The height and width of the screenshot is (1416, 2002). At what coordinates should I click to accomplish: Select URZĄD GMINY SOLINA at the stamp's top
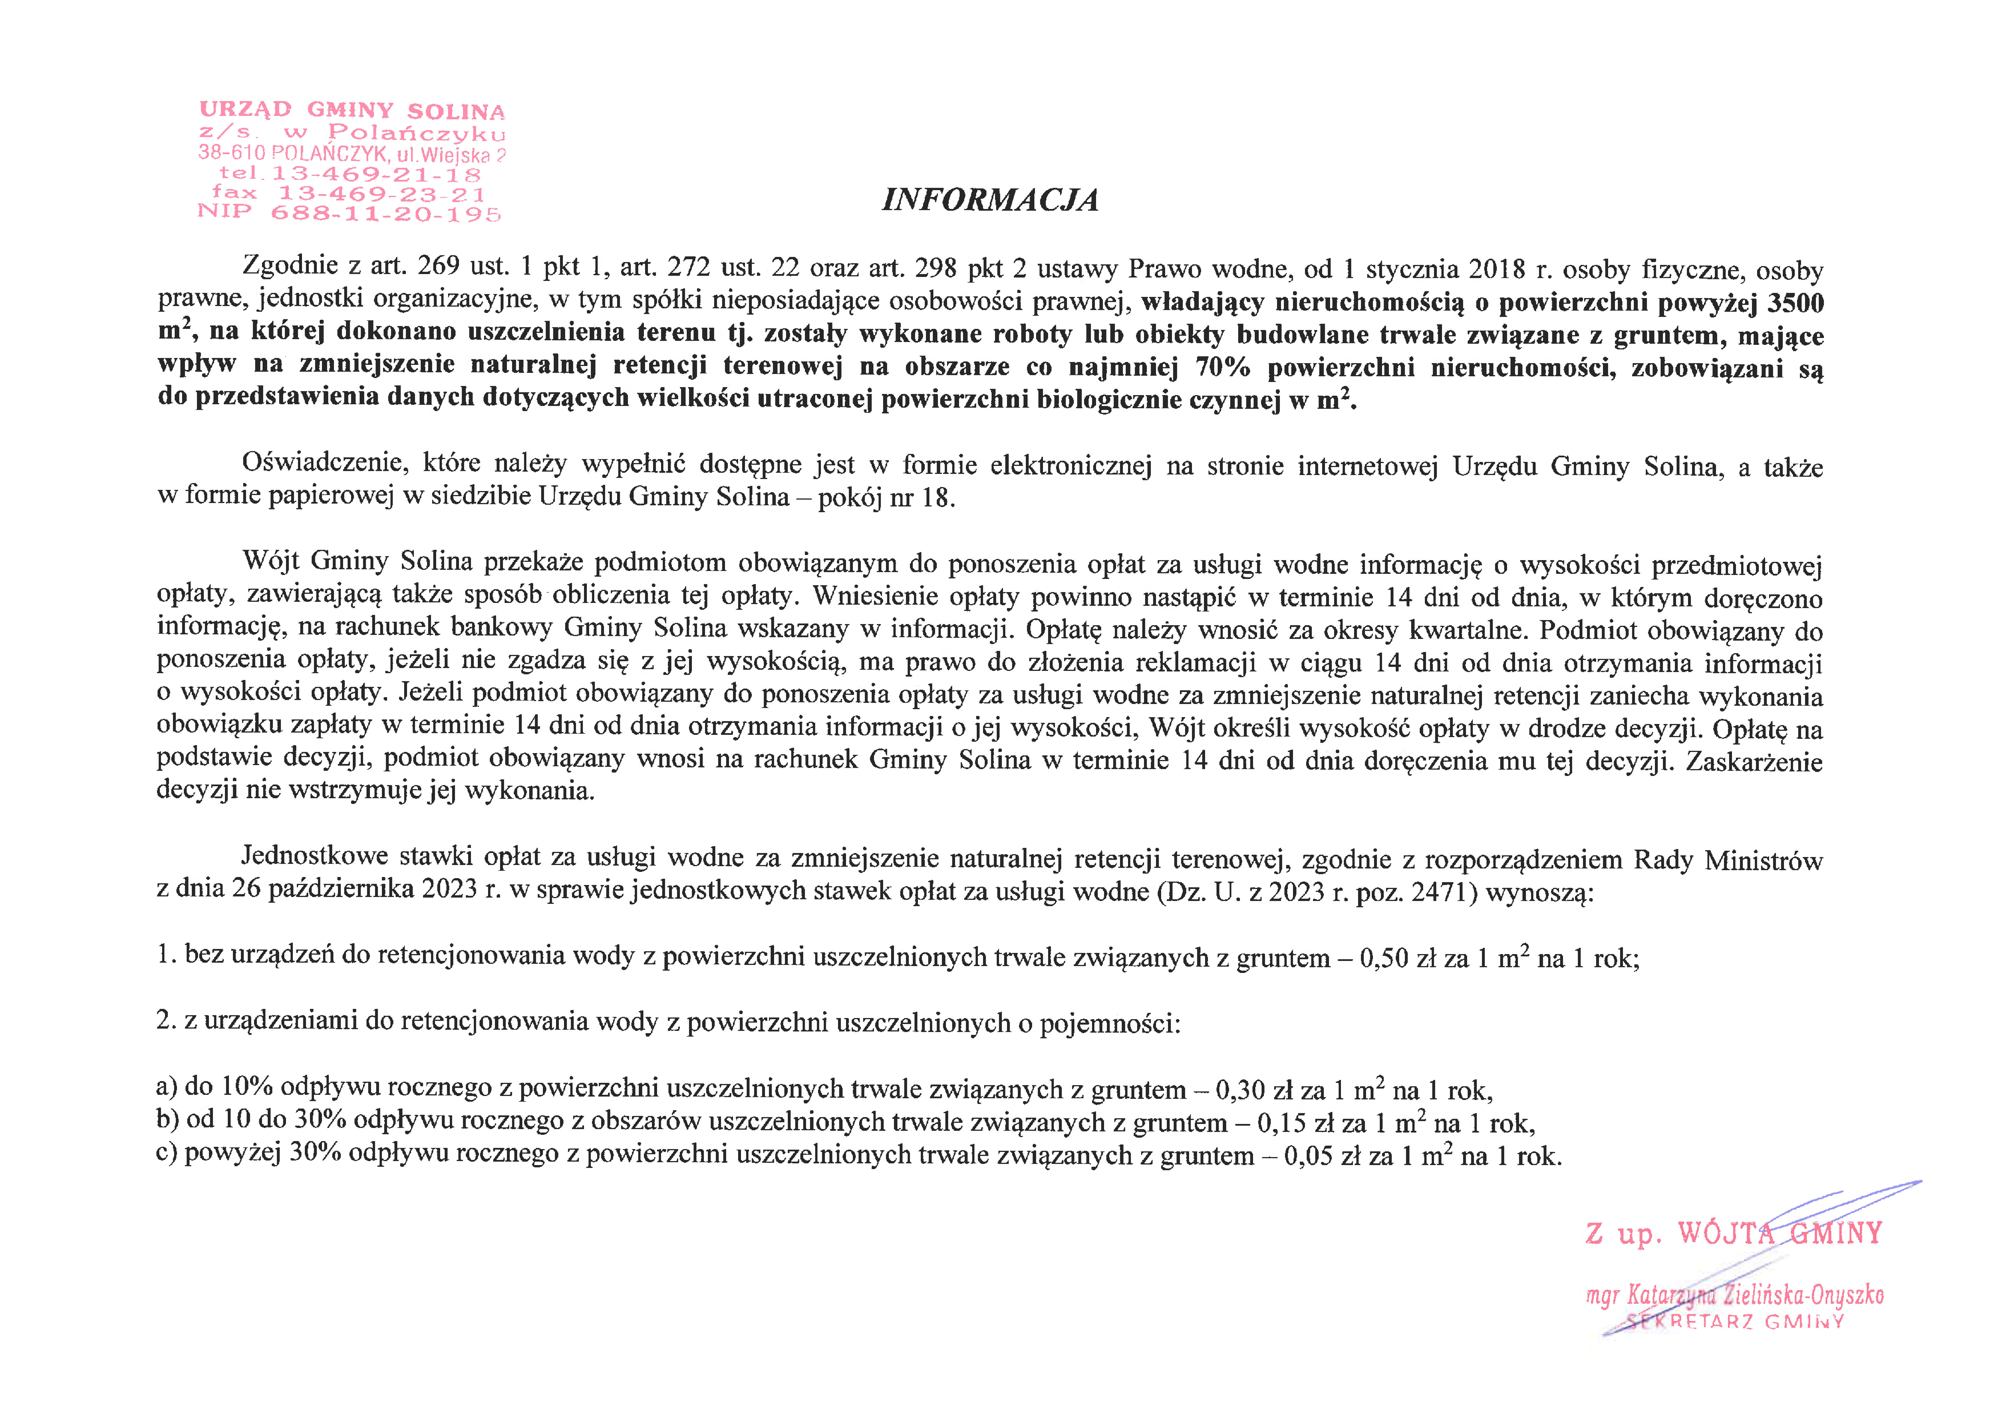352,111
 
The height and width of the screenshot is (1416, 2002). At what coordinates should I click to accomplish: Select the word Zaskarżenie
1753,761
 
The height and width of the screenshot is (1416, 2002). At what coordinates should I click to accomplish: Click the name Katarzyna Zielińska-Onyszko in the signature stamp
1753,1295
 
